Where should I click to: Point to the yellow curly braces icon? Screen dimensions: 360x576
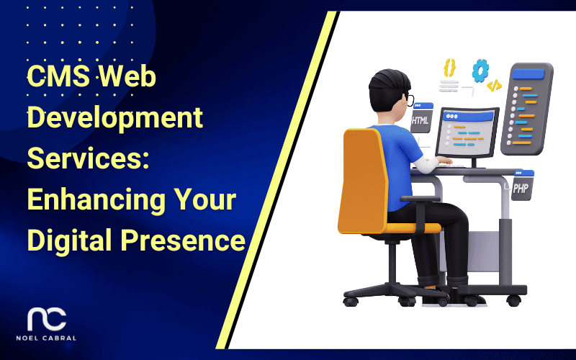450,67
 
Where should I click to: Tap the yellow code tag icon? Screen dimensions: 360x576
494,86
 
